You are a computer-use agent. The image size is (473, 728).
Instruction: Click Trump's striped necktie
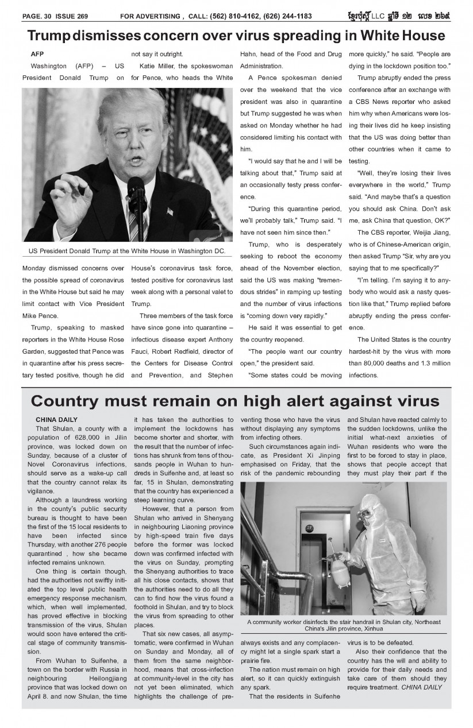click(133, 221)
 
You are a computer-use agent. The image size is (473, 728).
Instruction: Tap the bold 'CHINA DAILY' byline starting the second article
click(56, 420)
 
